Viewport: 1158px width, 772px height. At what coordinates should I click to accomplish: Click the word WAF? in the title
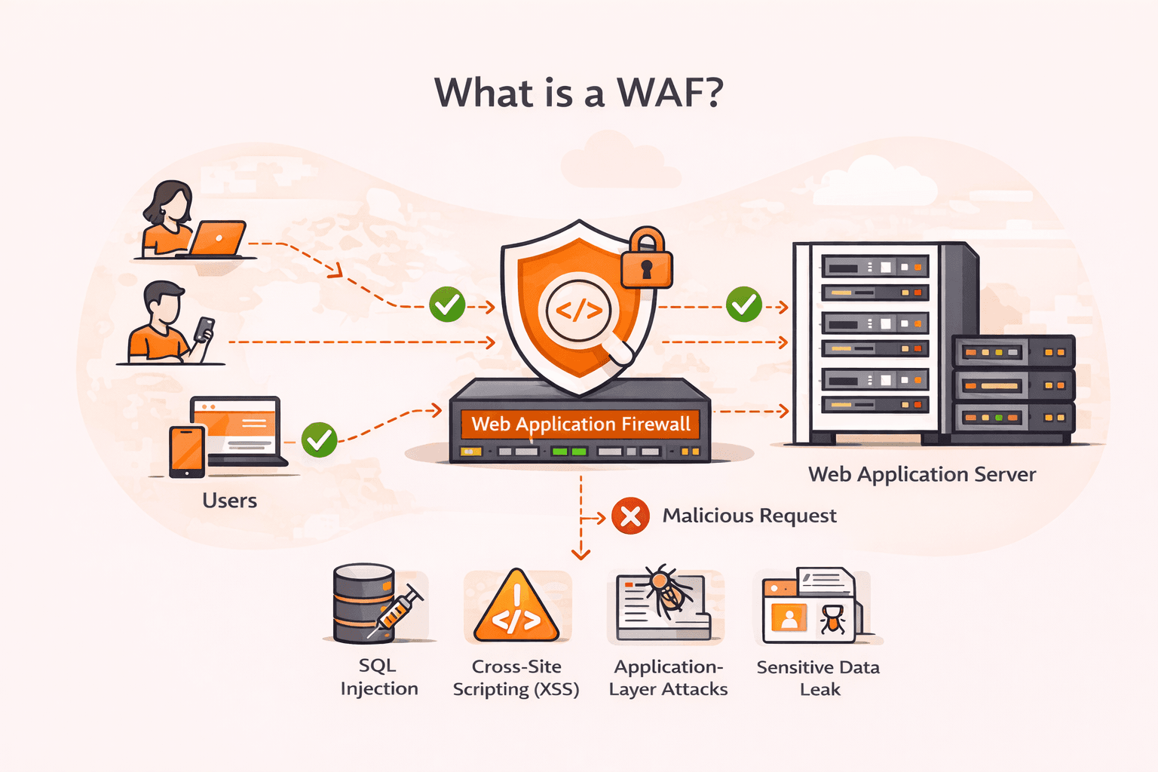(x=669, y=93)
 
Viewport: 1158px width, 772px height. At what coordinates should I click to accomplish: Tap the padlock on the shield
(x=646, y=260)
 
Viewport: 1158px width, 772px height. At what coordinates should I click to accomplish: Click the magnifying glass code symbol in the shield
(x=579, y=311)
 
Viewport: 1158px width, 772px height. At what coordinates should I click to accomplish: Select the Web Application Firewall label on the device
(x=581, y=424)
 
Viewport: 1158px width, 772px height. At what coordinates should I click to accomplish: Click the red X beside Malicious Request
(x=630, y=516)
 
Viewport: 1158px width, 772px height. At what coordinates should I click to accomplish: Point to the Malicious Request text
(x=749, y=516)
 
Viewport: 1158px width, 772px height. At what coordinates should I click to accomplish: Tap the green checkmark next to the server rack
(x=743, y=305)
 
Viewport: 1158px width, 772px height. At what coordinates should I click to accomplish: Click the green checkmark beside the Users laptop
(x=319, y=440)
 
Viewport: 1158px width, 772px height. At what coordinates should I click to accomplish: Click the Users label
(x=229, y=501)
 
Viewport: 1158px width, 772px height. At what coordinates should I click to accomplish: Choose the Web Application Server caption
(x=921, y=475)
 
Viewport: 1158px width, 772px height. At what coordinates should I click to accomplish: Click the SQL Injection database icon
(x=365, y=603)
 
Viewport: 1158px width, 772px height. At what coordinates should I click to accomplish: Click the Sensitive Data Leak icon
(x=811, y=607)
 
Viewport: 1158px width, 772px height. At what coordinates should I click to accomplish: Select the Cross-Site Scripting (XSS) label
(x=516, y=679)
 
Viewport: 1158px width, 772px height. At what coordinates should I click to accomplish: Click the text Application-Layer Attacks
(x=668, y=679)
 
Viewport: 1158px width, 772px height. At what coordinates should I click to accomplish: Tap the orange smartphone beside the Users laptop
(x=187, y=451)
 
